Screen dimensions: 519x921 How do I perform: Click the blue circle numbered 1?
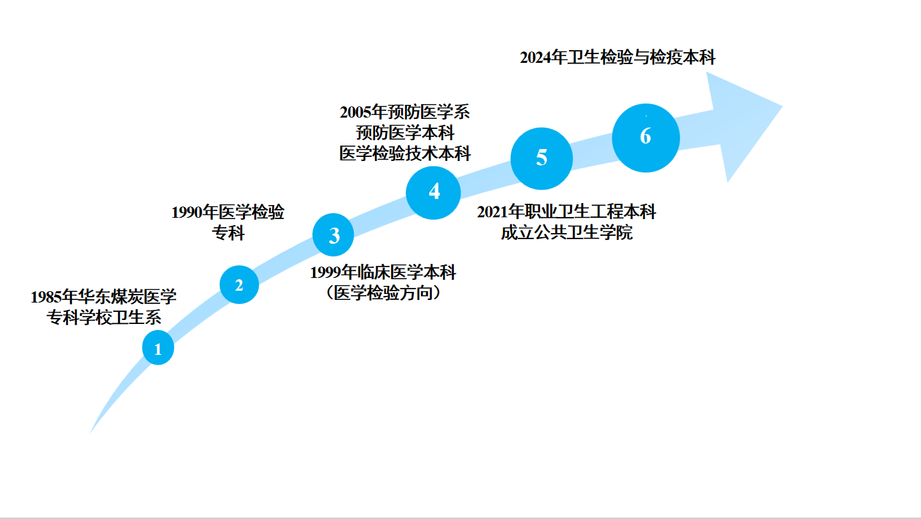(x=158, y=348)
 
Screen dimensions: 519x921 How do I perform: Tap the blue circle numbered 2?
(x=239, y=285)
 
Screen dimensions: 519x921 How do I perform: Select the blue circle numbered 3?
(x=334, y=235)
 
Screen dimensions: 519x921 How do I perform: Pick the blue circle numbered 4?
(x=434, y=192)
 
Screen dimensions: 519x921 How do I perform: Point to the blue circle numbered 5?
(x=541, y=158)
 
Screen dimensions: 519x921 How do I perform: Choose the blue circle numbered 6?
(x=645, y=137)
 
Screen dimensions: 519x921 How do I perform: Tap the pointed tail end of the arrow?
(x=92, y=430)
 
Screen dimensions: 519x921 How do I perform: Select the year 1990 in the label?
(x=187, y=213)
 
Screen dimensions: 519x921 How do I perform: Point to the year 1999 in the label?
(x=326, y=273)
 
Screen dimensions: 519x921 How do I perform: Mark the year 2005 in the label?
(x=355, y=112)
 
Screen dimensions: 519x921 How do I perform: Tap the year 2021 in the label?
(x=493, y=212)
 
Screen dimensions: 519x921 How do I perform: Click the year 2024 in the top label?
(x=536, y=57)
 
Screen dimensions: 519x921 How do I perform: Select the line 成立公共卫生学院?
(x=566, y=233)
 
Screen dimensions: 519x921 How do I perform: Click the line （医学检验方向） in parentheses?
(x=383, y=293)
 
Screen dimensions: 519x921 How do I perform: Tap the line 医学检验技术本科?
(x=404, y=153)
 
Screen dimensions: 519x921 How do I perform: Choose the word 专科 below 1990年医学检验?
(x=228, y=233)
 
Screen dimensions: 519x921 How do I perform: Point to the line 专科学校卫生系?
(x=103, y=317)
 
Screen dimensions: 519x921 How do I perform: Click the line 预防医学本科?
(x=404, y=132)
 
